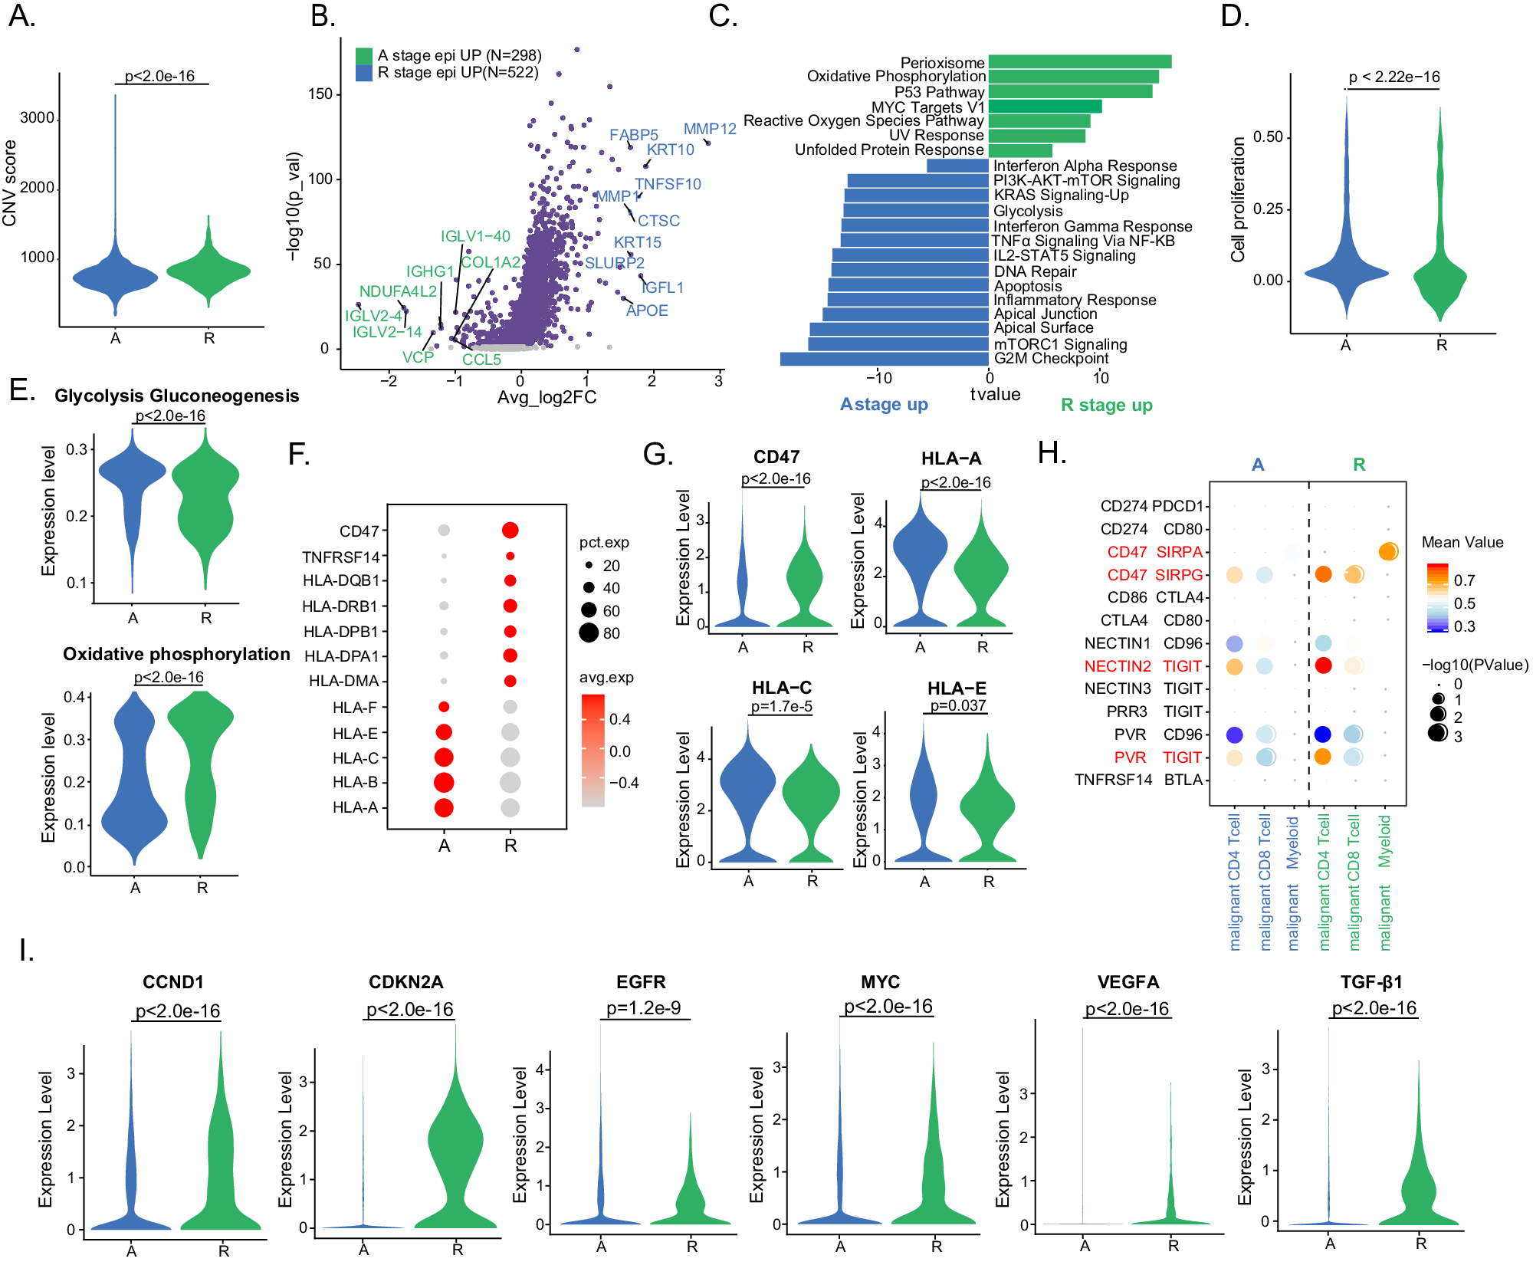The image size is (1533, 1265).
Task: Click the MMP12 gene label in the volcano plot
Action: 709,129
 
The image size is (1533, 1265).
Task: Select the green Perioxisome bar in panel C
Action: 1079,61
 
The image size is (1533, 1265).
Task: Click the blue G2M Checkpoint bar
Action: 884,359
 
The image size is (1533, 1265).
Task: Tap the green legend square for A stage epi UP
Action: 363,56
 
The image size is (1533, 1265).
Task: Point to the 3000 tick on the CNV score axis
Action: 37,118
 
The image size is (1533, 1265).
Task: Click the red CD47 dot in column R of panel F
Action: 510,530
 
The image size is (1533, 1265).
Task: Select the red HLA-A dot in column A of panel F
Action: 444,807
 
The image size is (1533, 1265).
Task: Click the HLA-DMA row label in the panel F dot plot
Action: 343,681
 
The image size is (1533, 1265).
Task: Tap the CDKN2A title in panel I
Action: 405,982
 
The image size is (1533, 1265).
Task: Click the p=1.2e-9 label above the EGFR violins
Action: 643,1008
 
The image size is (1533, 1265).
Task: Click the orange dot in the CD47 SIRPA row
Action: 1387,551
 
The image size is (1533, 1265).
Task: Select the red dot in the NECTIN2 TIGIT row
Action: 1323,665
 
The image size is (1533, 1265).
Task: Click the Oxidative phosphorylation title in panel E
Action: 176,654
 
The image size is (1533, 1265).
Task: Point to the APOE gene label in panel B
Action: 647,310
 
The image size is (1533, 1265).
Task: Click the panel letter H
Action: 1051,453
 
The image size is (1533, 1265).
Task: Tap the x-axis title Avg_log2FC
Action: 547,397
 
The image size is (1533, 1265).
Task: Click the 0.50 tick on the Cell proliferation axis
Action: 1267,137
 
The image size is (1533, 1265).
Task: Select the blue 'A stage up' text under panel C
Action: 884,404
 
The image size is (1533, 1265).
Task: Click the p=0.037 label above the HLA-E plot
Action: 957,705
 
